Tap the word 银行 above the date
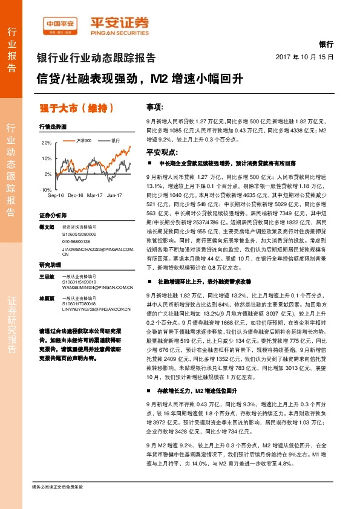pyautogui.click(x=326, y=45)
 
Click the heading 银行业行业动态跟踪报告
pyautogui.click(x=96, y=58)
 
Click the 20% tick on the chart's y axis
pyautogui.click(x=47, y=143)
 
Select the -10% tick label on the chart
pyautogui.click(x=45, y=190)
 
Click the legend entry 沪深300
pyautogui.click(x=83, y=140)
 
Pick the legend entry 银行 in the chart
pyautogui.click(x=115, y=140)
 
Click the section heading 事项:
pyautogui.click(x=155, y=107)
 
